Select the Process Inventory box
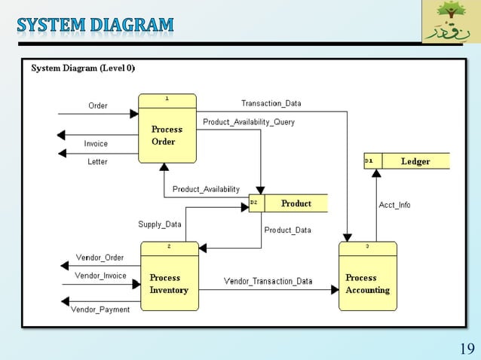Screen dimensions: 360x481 (170, 276)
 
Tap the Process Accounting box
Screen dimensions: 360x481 (367, 276)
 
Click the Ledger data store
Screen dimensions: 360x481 (407, 161)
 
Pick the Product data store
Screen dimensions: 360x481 (289, 203)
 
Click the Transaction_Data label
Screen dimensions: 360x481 (271, 103)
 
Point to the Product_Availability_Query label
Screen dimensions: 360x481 (249, 122)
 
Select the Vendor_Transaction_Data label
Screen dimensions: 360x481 (268, 282)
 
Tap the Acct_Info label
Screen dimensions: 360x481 (394, 205)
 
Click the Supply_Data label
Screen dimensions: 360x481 (159, 224)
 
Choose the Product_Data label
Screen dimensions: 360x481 (287, 230)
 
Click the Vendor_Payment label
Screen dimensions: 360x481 (100, 310)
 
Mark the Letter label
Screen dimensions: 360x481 (97, 162)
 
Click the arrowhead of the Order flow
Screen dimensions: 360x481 (134, 114)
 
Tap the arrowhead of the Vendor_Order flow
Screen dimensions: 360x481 (65, 266)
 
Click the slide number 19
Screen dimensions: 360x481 (466, 349)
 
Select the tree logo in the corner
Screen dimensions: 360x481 (450, 22)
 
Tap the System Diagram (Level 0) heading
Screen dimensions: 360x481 (83, 68)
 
